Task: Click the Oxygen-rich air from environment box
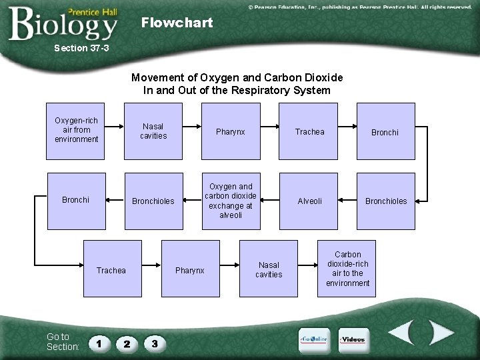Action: tap(76, 131)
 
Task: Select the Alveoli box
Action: tap(309, 201)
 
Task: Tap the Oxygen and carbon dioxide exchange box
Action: tap(231, 201)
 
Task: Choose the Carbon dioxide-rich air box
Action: tap(347, 269)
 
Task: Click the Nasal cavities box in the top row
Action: tap(153, 131)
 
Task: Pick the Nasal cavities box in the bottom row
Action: tap(269, 269)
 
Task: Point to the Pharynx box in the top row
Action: tap(231, 131)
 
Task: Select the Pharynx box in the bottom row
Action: tap(190, 270)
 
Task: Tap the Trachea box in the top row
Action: tap(309, 131)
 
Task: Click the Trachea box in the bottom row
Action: tap(111, 270)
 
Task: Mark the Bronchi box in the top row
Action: tap(385, 132)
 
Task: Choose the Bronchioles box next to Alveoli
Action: tap(385, 201)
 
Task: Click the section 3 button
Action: tap(155, 344)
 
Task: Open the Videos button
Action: tap(353, 340)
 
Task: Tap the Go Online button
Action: tap(313, 340)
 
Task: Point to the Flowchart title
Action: tap(177, 23)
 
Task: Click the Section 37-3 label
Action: tap(81, 48)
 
